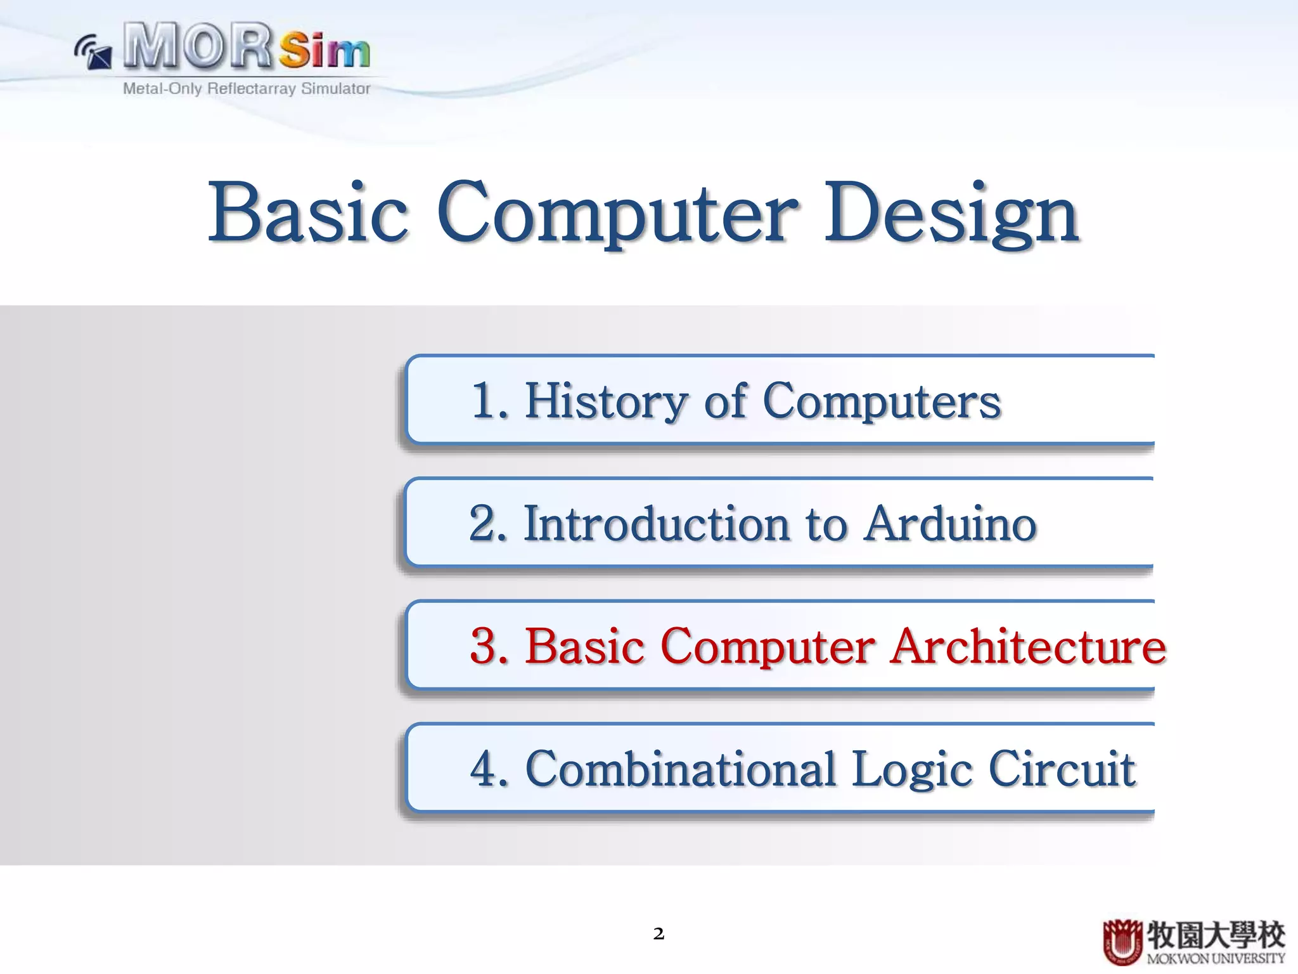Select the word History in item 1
(x=606, y=401)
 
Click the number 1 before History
(x=484, y=401)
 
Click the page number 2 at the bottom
(x=659, y=933)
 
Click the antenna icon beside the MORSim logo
(x=93, y=52)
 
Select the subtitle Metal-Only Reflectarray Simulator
(x=247, y=88)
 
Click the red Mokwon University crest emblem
(x=1122, y=942)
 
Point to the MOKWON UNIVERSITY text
(x=1215, y=958)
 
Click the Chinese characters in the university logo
(x=1215, y=934)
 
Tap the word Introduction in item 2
(x=657, y=524)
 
